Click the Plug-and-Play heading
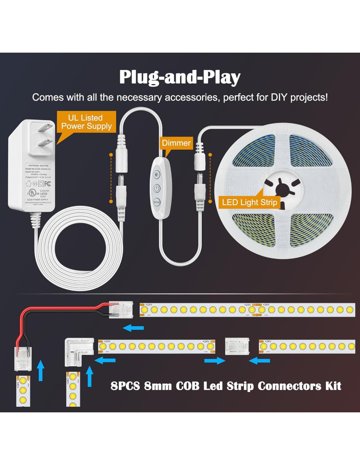(180, 77)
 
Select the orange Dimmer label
(176, 143)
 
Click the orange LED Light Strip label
(249, 202)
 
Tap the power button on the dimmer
(157, 188)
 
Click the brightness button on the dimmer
(157, 174)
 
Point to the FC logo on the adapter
(47, 184)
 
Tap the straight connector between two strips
(237, 346)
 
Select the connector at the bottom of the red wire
(23, 358)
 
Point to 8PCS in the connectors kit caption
(125, 386)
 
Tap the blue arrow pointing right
(215, 361)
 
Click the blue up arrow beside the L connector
(89, 376)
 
